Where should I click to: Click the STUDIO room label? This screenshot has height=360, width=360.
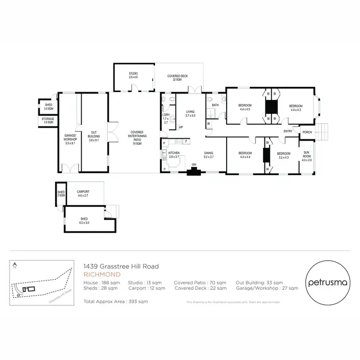(133, 75)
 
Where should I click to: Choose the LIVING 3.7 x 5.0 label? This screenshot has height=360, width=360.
(191, 113)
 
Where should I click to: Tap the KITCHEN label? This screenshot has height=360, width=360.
(173, 154)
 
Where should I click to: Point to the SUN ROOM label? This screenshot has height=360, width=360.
(307, 156)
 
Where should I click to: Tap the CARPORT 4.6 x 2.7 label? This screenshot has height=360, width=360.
(84, 193)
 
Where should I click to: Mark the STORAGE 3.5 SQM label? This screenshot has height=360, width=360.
(48, 121)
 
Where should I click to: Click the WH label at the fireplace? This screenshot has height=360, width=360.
(194, 165)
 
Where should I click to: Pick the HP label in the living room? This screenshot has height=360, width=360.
(181, 127)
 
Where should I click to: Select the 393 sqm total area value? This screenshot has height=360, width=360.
(140, 301)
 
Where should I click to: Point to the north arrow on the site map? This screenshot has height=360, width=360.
(15, 264)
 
